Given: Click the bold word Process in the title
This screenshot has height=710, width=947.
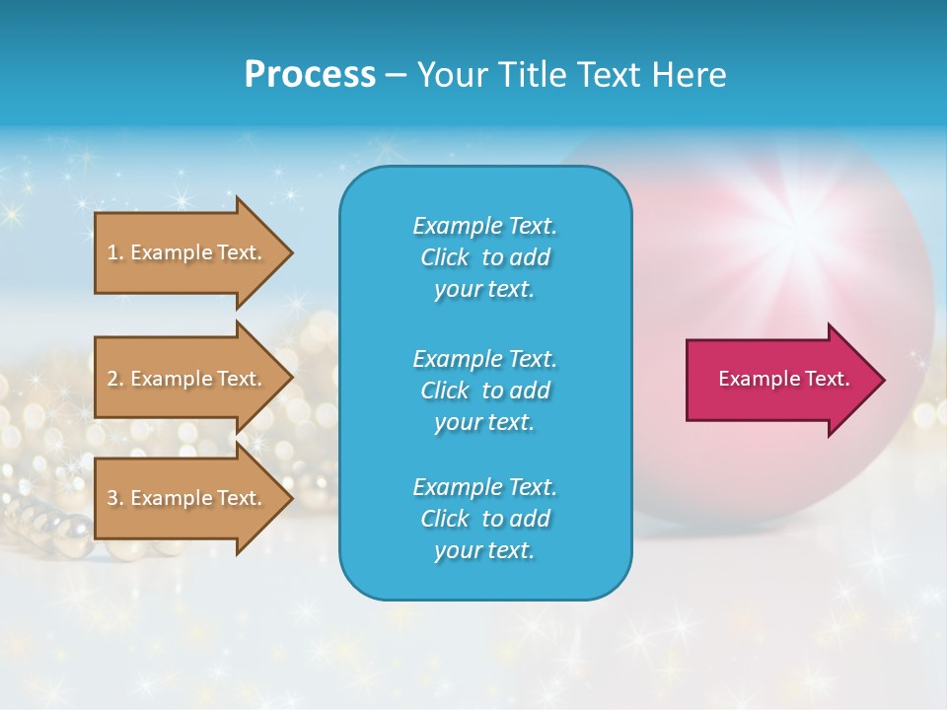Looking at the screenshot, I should (310, 75).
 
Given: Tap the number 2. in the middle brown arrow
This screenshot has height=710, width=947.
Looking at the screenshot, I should (115, 379).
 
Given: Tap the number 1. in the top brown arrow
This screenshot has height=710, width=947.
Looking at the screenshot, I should (115, 252).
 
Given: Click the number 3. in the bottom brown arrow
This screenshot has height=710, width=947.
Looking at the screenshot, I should (115, 498).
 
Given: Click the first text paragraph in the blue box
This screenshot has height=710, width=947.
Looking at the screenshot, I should (484, 257).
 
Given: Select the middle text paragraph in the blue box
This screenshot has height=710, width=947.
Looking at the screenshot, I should (484, 390).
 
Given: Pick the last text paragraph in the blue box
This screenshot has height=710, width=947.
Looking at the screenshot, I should (484, 519).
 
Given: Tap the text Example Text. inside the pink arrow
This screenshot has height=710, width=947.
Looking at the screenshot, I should (783, 379).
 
